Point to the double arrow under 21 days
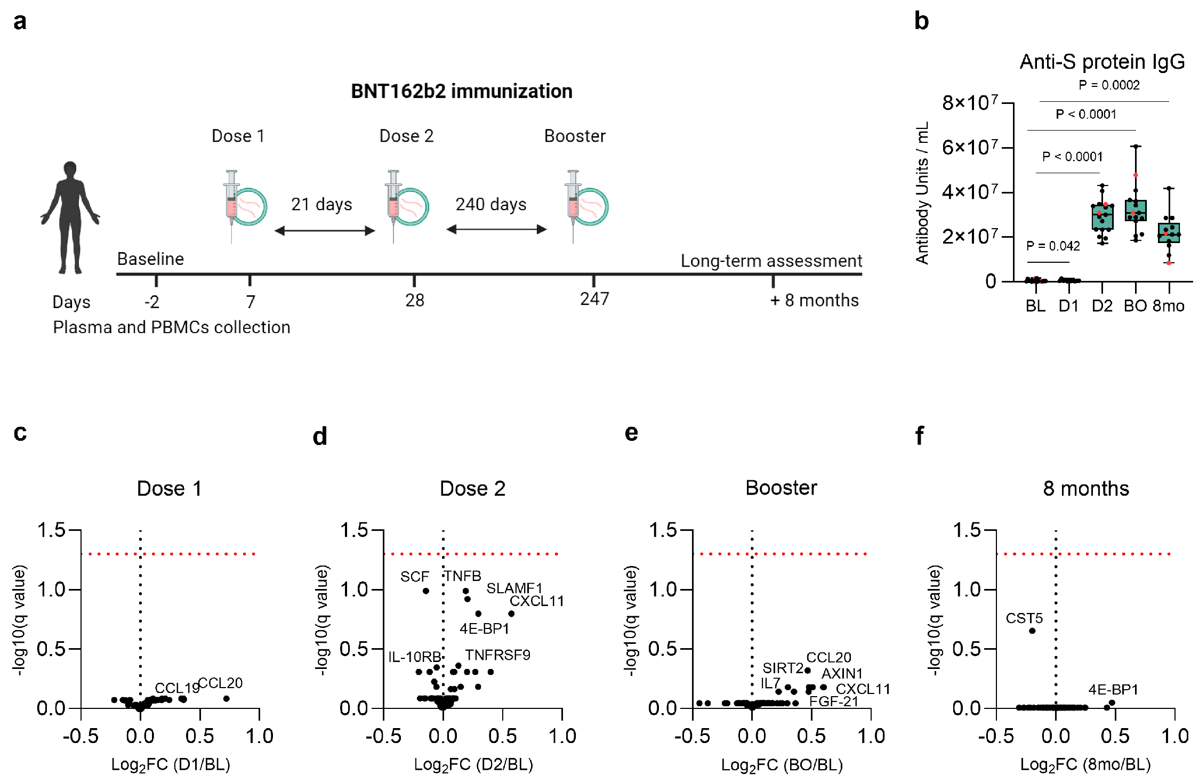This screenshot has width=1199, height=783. (325, 231)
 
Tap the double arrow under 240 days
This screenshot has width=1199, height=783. (496, 230)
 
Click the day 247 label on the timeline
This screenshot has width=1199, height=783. (594, 299)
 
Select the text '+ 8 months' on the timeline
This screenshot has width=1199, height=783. (814, 301)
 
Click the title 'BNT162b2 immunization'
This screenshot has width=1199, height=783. (461, 91)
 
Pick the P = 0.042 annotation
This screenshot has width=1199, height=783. (1053, 246)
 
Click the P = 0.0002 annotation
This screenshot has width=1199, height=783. (1109, 85)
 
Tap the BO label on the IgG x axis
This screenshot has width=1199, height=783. (1135, 306)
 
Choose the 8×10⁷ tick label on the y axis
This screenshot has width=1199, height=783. (970, 102)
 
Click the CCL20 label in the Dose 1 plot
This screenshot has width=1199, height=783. (220, 683)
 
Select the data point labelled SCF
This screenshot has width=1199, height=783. (425, 591)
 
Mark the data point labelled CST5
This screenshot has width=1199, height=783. (1032, 631)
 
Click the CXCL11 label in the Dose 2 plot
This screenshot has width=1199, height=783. (536, 601)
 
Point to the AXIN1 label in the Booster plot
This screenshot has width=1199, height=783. (842, 674)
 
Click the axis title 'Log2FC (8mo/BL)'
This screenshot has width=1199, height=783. (1085, 765)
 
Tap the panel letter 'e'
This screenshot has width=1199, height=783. (631, 433)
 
